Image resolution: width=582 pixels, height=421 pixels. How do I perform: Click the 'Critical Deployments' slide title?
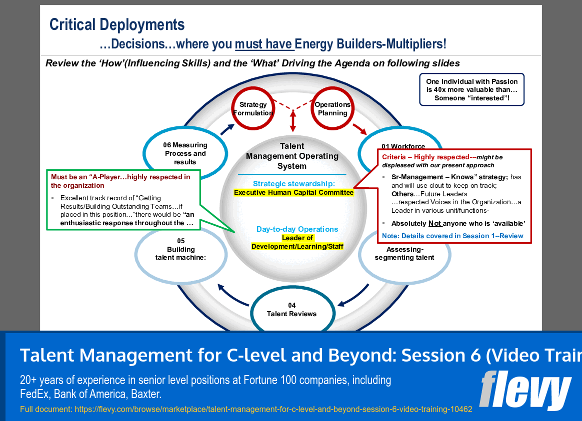[x=117, y=24]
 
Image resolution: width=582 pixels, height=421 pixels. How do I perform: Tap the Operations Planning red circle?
[x=332, y=108]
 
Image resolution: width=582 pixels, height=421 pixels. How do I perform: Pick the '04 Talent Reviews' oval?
[x=291, y=309]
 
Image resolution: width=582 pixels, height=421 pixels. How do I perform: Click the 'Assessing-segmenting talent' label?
[x=404, y=254]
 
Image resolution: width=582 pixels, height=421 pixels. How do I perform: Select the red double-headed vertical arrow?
[x=293, y=121]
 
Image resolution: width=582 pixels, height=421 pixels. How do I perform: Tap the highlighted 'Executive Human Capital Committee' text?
[x=293, y=192]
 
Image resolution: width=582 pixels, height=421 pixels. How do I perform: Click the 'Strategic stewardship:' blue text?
[x=293, y=183]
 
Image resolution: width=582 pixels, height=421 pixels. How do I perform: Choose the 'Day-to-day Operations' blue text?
[x=297, y=229]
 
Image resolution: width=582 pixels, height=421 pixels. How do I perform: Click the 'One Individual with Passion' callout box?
[x=471, y=90]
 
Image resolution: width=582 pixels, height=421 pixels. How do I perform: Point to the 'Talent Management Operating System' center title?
[x=292, y=156]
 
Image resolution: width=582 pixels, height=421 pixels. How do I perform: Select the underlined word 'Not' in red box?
[x=435, y=224]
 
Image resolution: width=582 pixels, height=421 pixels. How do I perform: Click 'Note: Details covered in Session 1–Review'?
[x=452, y=236]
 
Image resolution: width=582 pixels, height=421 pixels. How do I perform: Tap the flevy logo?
[x=525, y=391]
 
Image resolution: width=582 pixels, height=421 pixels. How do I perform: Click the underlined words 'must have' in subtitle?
[x=263, y=44]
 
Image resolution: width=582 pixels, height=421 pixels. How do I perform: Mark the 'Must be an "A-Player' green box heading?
[x=120, y=181]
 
